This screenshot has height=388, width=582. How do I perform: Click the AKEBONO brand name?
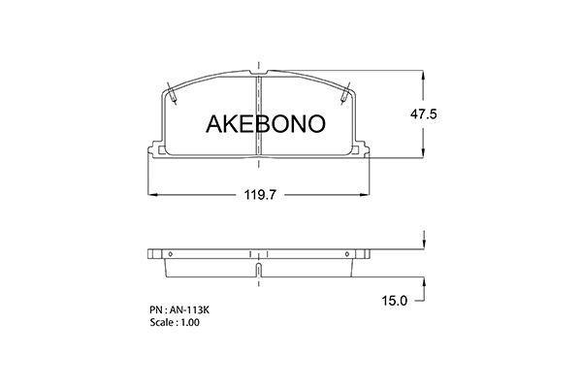click(x=266, y=123)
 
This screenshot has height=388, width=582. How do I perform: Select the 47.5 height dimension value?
click(x=424, y=114)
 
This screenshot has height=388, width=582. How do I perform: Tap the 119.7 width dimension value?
click(x=260, y=195)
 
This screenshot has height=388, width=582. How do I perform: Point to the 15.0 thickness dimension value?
click(x=395, y=301)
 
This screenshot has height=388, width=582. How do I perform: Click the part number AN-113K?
click(x=190, y=310)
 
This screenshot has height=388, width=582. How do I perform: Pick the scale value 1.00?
click(x=190, y=322)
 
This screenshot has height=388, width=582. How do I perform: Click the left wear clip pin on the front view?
click(x=172, y=93)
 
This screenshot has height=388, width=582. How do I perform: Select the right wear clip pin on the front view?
click(x=345, y=93)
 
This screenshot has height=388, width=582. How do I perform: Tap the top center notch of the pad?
click(x=259, y=73)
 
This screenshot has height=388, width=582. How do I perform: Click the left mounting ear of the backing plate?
click(x=155, y=149)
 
